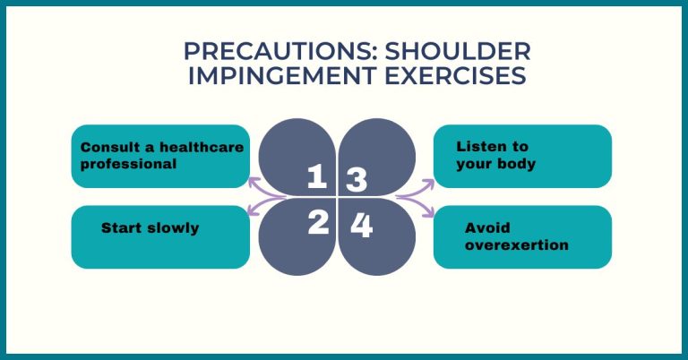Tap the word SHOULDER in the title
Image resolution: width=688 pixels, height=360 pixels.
coord(458,52)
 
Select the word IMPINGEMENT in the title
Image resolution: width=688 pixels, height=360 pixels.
coord(282,76)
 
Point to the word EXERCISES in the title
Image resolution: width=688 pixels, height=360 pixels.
coord(455,76)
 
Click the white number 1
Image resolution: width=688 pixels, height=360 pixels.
coord(317,176)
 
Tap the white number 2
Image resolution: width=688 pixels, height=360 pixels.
coord(319,222)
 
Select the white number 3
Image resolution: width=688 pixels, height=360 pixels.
coord(357,180)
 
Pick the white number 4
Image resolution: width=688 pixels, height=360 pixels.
coord(362,226)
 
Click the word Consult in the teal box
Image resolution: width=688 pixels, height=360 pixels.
coord(112,148)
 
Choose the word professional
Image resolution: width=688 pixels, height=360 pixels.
coord(129,165)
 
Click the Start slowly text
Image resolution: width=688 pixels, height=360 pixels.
coord(150,228)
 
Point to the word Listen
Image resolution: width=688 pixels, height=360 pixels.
coord(482,147)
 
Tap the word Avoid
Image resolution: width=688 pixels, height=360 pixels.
coord(487,228)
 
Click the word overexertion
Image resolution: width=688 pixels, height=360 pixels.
coord(516,245)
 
